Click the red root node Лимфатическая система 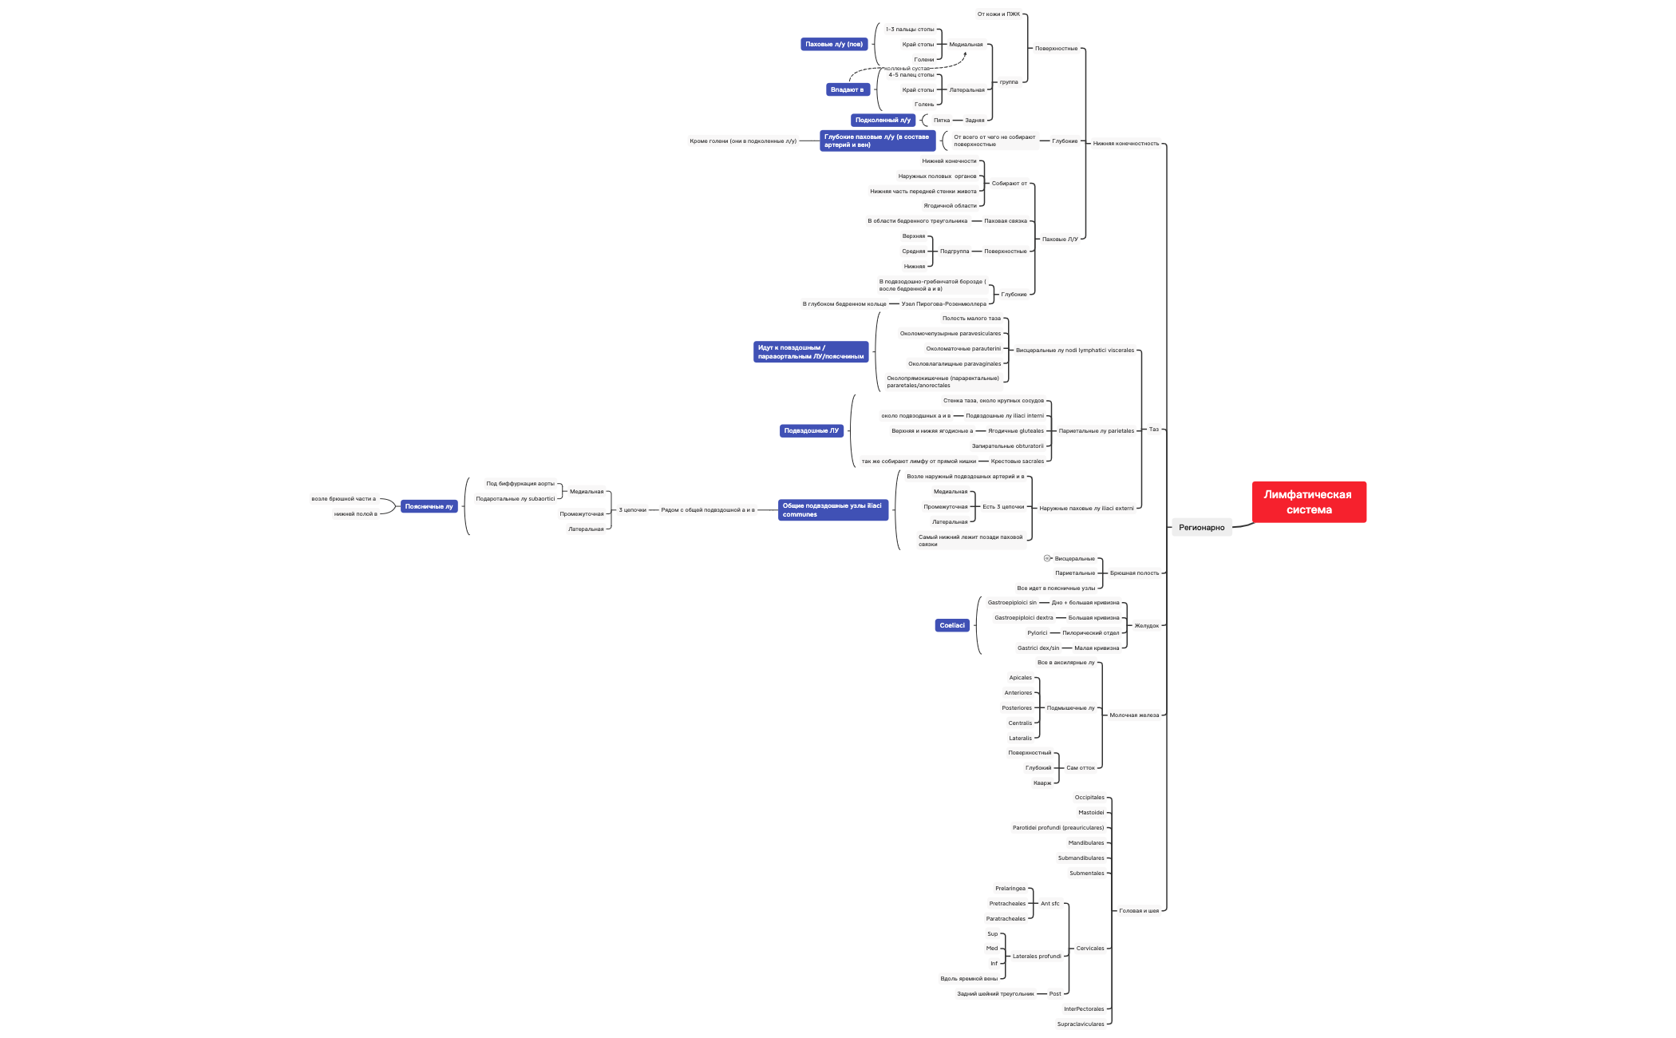[x=1309, y=502]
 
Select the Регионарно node [x=1201, y=527]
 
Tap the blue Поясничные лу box [x=429, y=506]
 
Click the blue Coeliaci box [x=952, y=625]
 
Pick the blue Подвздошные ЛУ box [x=811, y=430]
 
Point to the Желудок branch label [x=1146, y=625]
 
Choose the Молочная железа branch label [x=1134, y=715]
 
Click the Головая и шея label [x=1139, y=910]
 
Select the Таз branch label [x=1153, y=429]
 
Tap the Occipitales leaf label [x=1089, y=797]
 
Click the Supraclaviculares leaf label [x=1081, y=1024]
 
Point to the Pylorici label [x=1037, y=632]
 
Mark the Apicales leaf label [x=1020, y=677]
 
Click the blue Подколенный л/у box [x=883, y=120]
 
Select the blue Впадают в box [x=847, y=89]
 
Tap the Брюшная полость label [x=1134, y=572]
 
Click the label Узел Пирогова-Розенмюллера [x=943, y=303]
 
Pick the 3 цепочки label [x=632, y=509]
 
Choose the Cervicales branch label [x=1090, y=948]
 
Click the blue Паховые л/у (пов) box [x=833, y=44]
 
